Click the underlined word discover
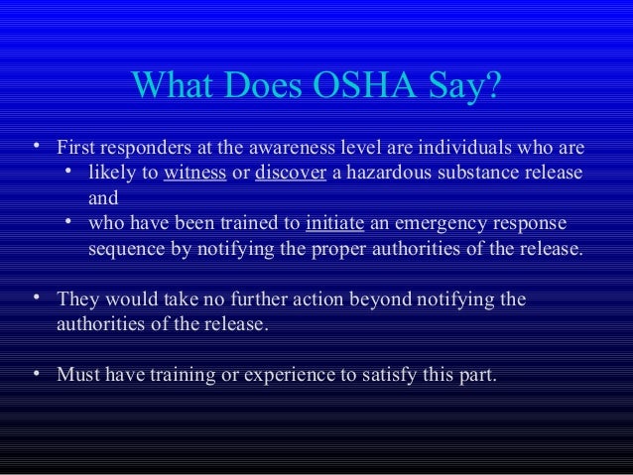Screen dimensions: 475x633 point(286,175)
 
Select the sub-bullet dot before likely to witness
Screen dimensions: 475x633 point(69,173)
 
